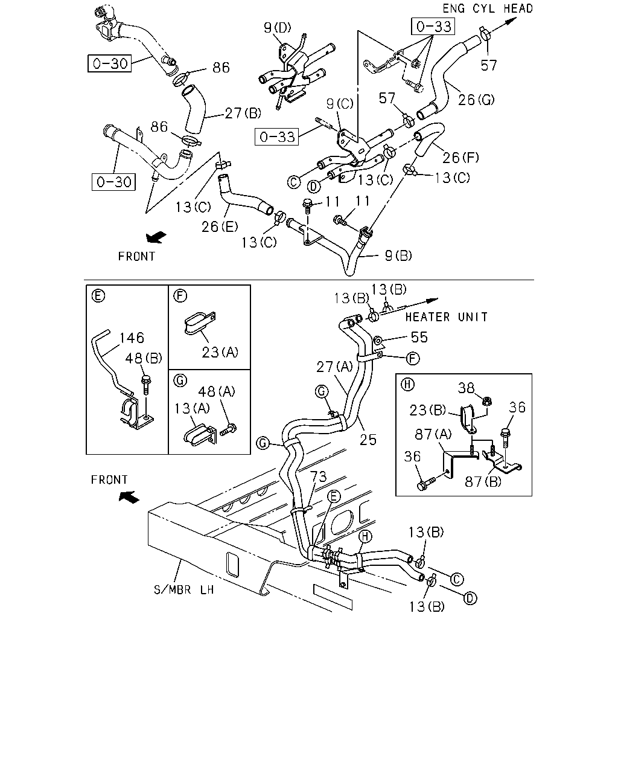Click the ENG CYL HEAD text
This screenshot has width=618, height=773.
click(x=487, y=8)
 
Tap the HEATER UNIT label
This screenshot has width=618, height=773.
click(x=447, y=317)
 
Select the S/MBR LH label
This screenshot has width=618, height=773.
click(x=184, y=589)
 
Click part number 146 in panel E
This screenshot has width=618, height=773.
click(x=132, y=338)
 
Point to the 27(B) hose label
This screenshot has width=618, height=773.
click(x=243, y=113)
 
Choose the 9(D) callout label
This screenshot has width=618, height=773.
click(x=277, y=28)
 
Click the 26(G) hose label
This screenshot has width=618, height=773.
click(x=476, y=100)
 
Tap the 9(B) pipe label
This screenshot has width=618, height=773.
click(x=398, y=255)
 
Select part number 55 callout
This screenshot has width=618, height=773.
click(x=419, y=337)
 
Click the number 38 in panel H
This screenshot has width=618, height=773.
click(x=466, y=388)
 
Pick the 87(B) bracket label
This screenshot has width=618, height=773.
click(x=483, y=482)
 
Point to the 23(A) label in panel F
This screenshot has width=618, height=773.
click(x=220, y=352)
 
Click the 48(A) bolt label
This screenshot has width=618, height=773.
click(x=217, y=391)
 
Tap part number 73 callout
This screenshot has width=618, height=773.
click(x=318, y=476)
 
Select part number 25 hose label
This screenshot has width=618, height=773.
click(x=368, y=440)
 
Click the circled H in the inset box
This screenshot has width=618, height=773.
click(x=407, y=385)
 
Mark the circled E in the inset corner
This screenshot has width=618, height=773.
click(x=98, y=296)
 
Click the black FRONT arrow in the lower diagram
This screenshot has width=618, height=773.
click(x=129, y=497)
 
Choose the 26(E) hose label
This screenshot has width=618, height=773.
click(x=220, y=226)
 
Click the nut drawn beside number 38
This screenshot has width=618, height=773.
click(x=487, y=400)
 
